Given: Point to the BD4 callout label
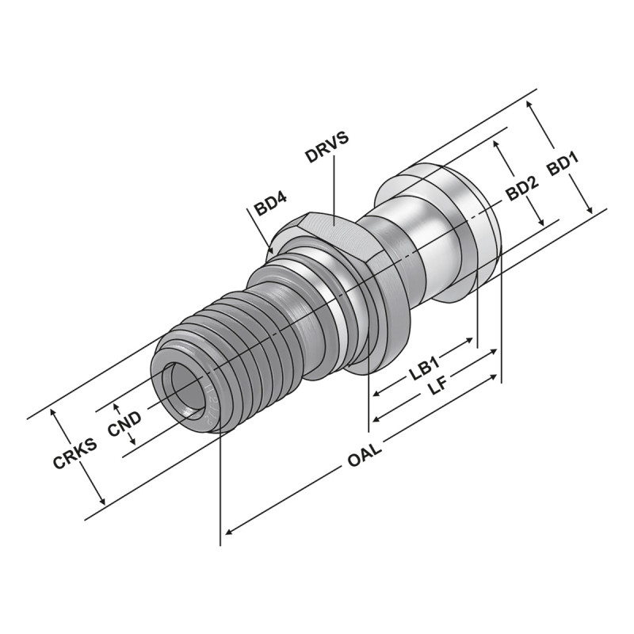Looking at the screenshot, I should click(270, 208).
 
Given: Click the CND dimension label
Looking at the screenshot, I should click(124, 428).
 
